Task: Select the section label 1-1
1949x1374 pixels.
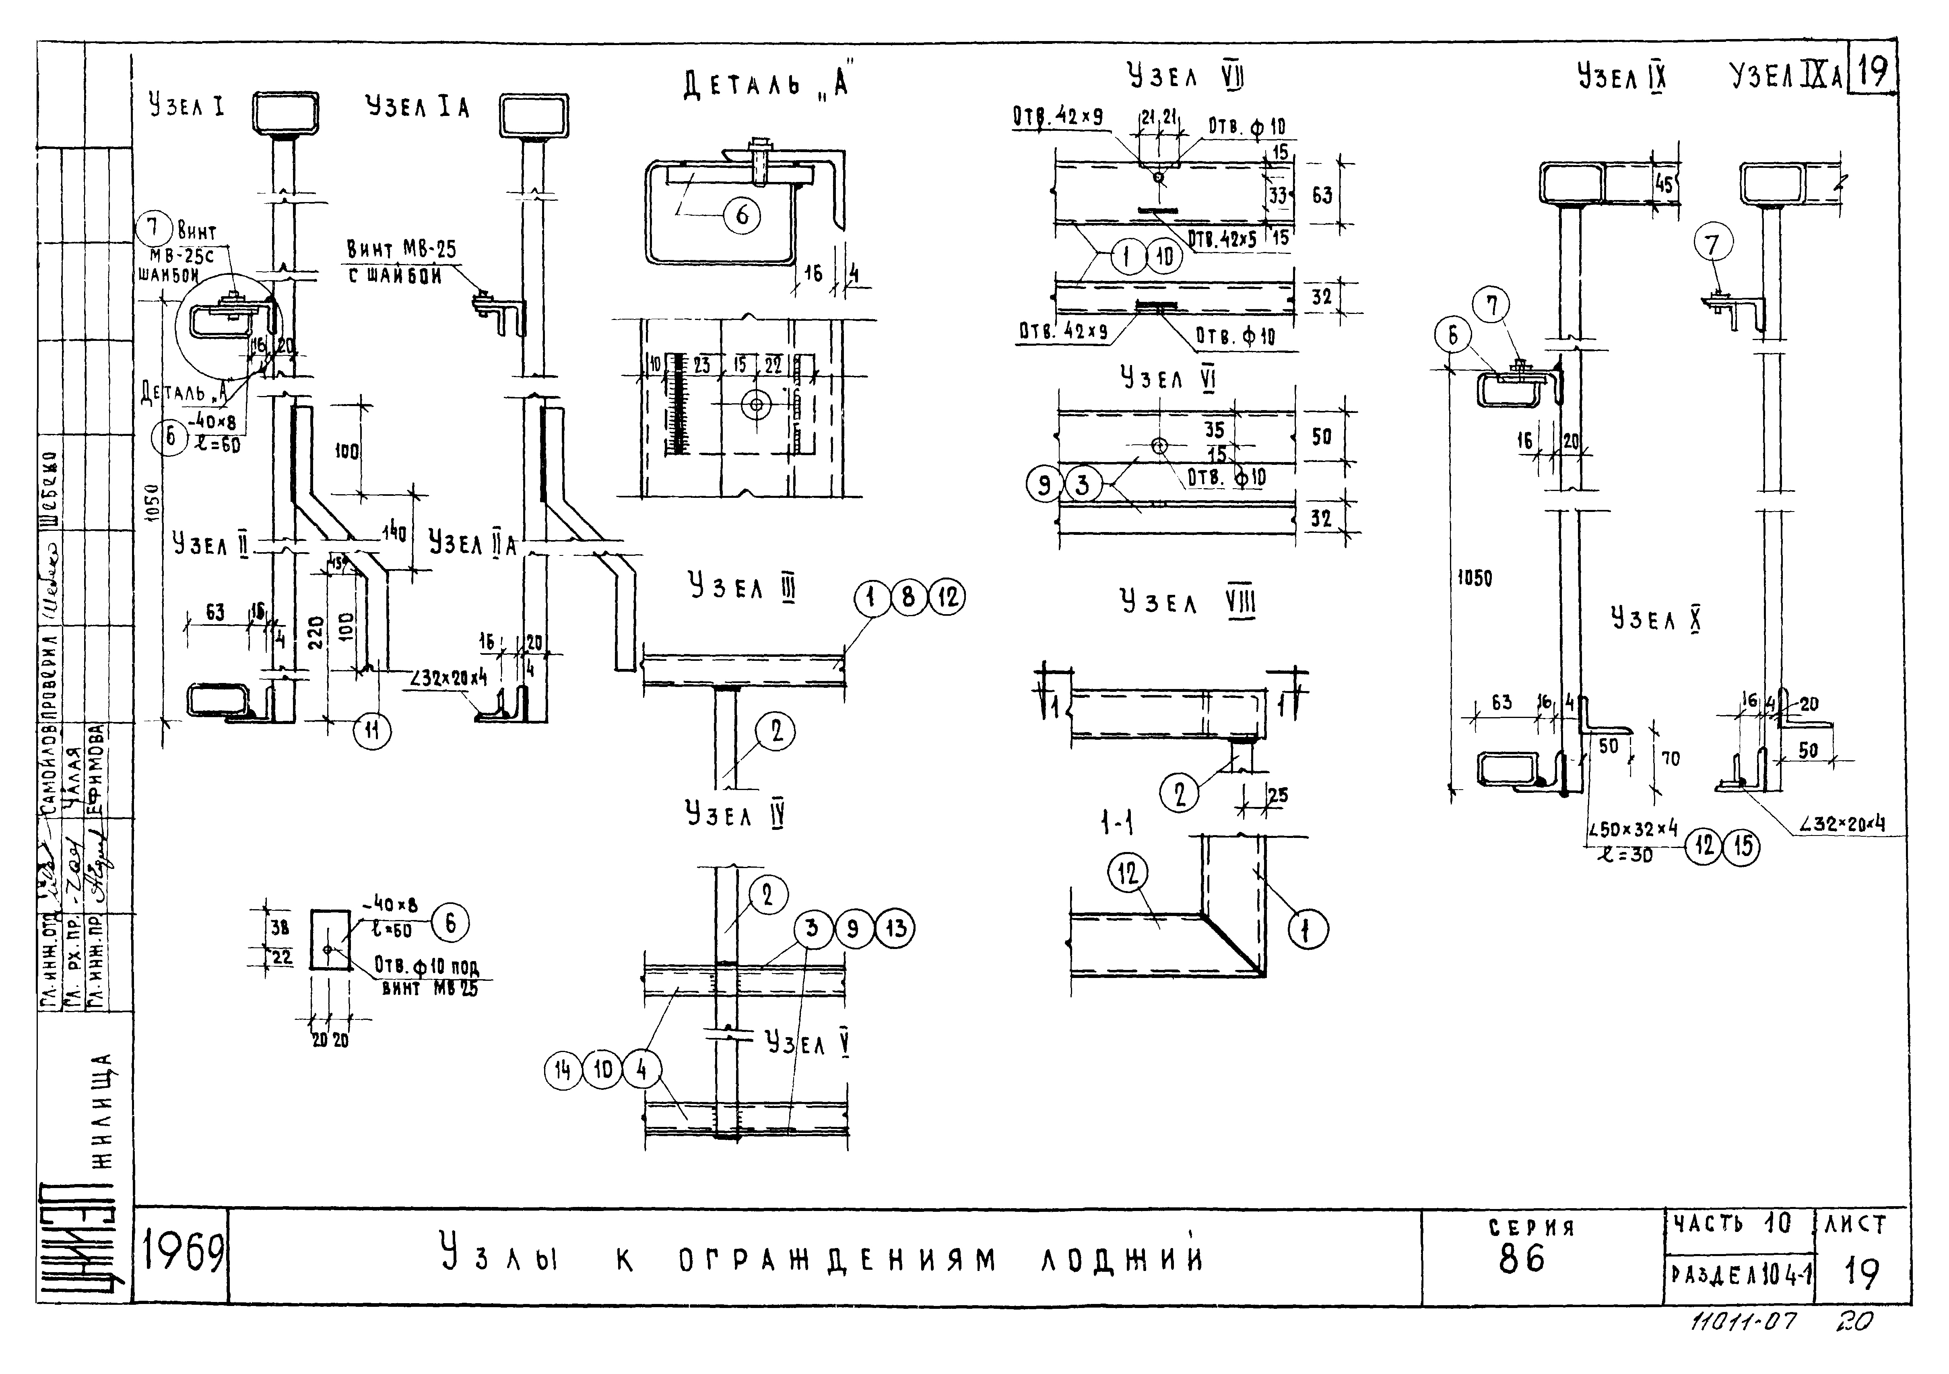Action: (x=1117, y=822)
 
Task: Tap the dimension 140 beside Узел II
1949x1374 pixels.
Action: (x=394, y=533)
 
